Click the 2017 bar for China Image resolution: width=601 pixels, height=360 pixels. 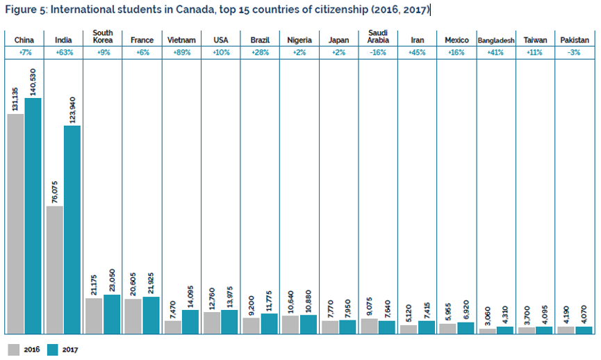33,215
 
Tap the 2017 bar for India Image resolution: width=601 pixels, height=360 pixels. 72,229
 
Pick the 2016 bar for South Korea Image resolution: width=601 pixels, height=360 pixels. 94,316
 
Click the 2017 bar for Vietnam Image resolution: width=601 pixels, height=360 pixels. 190,322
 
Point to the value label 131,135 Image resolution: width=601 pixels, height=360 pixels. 15,97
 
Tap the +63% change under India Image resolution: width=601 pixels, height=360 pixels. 63,52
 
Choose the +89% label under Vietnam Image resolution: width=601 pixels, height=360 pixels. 181,52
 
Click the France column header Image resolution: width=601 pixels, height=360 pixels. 142,40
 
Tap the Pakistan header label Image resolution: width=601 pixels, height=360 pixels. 574,40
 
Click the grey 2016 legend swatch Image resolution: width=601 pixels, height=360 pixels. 14,350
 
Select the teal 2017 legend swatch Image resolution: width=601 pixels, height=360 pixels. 52,350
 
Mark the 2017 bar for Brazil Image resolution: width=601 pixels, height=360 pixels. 270,324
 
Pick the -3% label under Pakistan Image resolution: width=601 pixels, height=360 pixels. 574,52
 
